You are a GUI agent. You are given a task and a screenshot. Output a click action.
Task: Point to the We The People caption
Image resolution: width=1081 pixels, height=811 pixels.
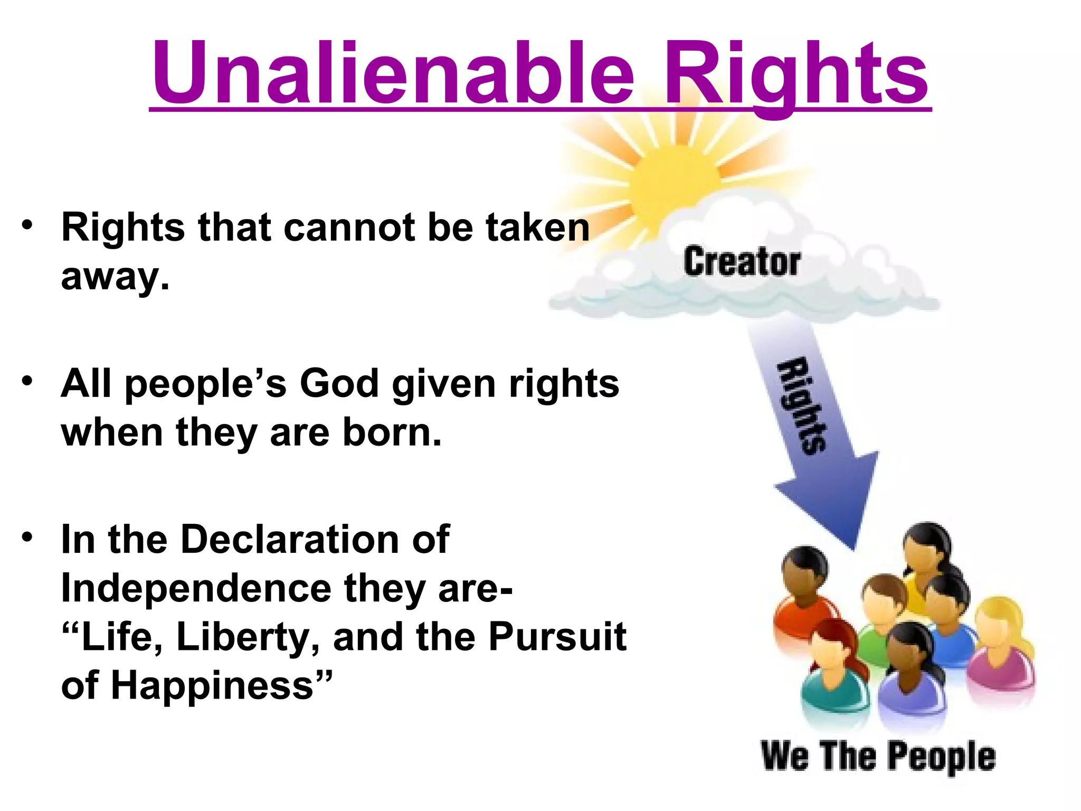click(x=878, y=756)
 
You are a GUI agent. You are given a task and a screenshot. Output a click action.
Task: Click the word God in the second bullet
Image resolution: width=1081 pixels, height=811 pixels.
click(x=339, y=383)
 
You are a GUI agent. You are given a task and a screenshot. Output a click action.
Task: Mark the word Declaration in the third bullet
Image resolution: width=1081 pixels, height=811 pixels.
click(x=289, y=540)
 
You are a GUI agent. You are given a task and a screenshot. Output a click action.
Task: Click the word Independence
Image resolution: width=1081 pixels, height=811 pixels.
click(x=196, y=588)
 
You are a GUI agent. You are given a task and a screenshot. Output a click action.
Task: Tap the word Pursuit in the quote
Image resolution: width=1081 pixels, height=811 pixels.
click(x=557, y=637)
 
